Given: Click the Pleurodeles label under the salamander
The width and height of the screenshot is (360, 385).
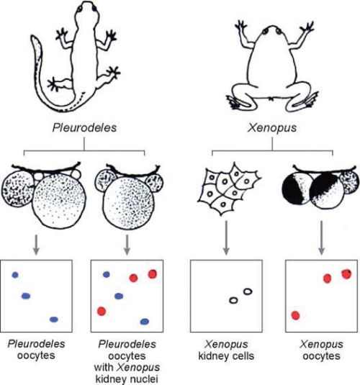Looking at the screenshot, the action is (84, 128).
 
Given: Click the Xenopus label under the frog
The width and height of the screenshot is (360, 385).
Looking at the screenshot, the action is (272, 128).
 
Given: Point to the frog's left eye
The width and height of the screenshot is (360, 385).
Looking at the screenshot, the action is (265, 32).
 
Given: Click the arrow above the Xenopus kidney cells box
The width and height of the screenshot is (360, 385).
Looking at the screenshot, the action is (226, 237).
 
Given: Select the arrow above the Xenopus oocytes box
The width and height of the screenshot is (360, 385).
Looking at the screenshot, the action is (321, 237).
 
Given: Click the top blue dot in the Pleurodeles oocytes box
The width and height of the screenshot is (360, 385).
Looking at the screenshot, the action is (15, 275).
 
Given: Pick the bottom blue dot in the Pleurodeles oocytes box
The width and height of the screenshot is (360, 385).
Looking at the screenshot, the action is (54, 320).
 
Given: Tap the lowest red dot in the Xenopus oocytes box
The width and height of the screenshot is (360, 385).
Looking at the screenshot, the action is (295, 315).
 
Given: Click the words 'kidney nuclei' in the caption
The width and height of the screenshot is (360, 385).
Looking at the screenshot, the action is (127, 379).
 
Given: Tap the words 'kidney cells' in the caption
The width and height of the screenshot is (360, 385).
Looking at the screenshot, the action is (226, 355).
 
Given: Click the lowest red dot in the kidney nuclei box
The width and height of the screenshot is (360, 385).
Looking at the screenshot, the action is (102, 311).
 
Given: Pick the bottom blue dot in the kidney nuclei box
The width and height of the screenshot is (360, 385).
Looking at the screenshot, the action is (145, 322).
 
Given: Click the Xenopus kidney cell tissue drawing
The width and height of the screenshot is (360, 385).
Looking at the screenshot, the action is (228, 188).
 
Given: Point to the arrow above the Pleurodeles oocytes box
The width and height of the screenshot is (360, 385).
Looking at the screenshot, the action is (36, 245).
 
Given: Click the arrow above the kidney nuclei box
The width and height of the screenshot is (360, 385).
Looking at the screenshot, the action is (127, 245).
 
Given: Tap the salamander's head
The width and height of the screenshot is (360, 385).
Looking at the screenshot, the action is (86, 10).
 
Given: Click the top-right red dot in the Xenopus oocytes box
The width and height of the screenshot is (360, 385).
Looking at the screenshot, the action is (346, 274).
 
